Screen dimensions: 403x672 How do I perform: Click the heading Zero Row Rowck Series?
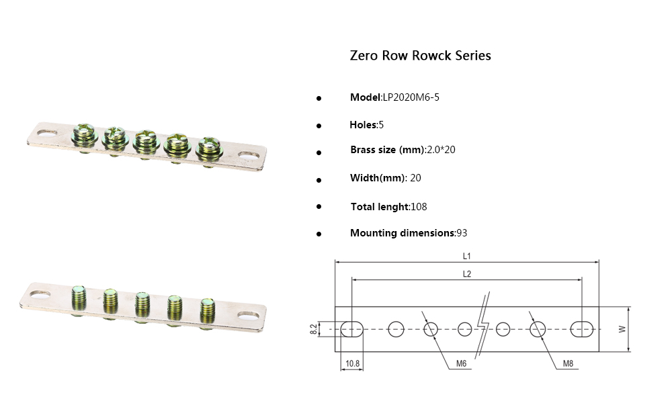click(x=420, y=56)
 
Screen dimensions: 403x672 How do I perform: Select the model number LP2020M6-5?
click(x=411, y=97)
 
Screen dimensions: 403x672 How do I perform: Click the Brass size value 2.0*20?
click(x=441, y=150)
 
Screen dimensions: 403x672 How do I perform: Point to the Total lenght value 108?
click(x=419, y=207)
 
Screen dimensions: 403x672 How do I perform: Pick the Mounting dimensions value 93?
click(x=462, y=233)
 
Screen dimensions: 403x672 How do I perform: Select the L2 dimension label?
click(x=467, y=273)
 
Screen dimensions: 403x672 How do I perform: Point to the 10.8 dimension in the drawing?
click(x=352, y=363)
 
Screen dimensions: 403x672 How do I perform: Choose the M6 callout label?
click(x=461, y=363)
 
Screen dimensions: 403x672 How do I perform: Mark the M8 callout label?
click(x=568, y=363)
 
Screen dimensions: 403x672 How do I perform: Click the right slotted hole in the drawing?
click(x=581, y=329)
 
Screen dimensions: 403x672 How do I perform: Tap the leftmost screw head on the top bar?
click(x=84, y=133)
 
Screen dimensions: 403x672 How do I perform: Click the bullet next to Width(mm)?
click(x=319, y=179)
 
